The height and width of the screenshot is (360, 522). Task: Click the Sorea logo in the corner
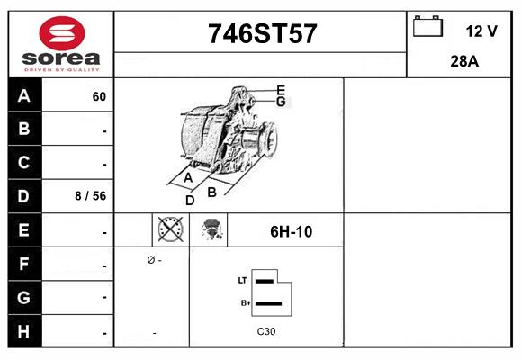[x=60, y=44]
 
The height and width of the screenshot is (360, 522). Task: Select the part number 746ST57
[x=262, y=33]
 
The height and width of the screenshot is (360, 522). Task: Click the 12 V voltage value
[x=481, y=31]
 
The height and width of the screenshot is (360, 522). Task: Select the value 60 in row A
[x=99, y=97]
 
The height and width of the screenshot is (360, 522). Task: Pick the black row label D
[x=24, y=195]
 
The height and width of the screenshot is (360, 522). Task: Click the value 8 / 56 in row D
[x=92, y=195]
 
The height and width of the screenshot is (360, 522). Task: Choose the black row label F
[x=24, y=265]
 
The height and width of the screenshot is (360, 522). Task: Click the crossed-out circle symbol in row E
[x=170, y=230]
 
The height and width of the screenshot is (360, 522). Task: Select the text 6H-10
[x=292, y=231]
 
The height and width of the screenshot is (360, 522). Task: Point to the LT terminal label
[x=242, y=281]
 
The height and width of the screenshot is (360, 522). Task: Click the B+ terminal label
[x=243, y=303]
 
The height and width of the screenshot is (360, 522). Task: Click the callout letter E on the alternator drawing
[x=281, y=90]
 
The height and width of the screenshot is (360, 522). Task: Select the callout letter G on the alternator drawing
[x=281, y=102]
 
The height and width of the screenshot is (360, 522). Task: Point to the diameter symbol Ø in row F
[x=150, y=260]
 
